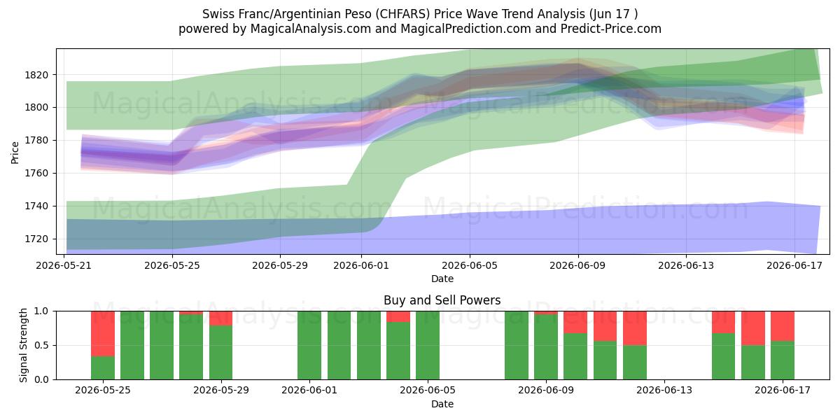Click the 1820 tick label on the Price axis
pos(36,75)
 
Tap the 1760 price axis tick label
pos(36,174)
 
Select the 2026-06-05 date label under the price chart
pos(470,265)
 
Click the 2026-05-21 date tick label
pos(64,265)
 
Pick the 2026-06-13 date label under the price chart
pos(686,265)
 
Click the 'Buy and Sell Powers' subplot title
pos(442,300)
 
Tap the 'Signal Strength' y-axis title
pos(23,345)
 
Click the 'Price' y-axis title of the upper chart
pos(15,153)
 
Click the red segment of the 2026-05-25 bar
pos(103,334)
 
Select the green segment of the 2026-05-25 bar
pos(103,368)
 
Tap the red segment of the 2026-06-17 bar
pos(783,326)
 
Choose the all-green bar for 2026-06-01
pos(309,345)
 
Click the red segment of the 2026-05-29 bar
pos(221,318)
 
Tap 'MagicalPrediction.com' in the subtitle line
pos(465,29)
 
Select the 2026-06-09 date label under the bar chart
pos(546,391)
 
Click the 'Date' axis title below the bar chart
pos(442,405)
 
